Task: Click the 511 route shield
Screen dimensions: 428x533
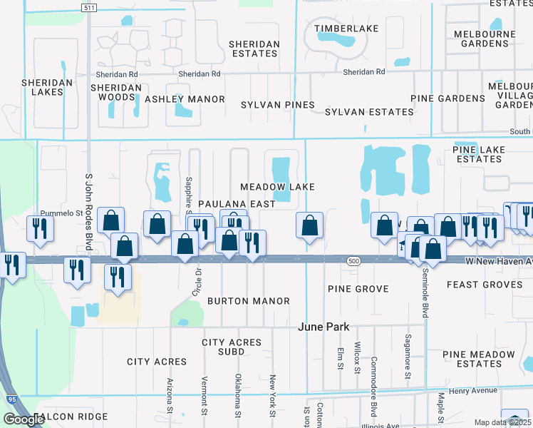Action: click(x=88, y=7)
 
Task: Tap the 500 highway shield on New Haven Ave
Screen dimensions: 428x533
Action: click(x=354, y=262)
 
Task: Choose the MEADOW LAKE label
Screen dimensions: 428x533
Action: click(x=277, y=187)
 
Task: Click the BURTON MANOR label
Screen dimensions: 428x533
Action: click(x=249, y=301)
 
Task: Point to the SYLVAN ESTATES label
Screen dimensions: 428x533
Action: click(x=369, y=112)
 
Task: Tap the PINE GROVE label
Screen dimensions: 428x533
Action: click(x=358, y=289)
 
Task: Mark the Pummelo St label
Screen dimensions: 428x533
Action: click(x=62, y=213)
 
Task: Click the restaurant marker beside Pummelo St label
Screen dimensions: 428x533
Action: click(x=38, y=228)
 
